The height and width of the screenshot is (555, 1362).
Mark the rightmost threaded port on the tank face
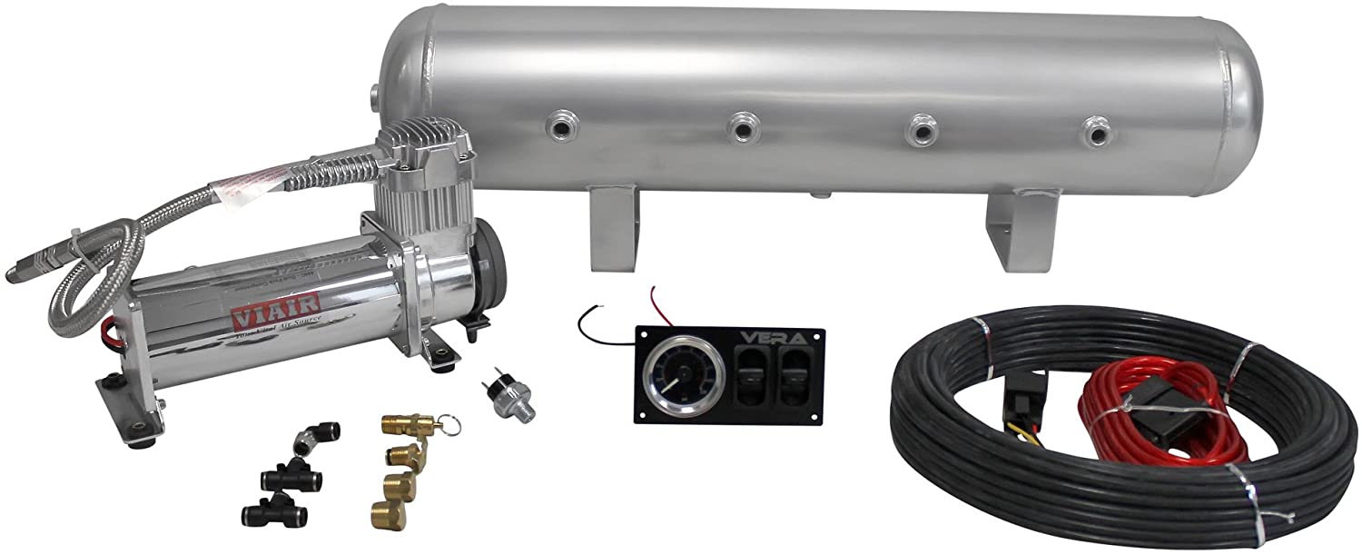[x=1095, y=133]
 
